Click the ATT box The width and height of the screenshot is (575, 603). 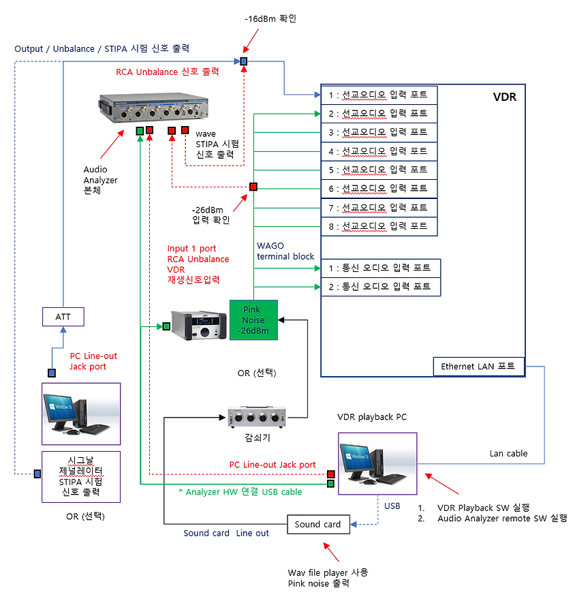(63, 315)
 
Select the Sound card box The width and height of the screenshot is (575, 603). (317, 524)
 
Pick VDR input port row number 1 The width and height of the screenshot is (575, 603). (379, 95)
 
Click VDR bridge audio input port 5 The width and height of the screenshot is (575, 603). (379, 170)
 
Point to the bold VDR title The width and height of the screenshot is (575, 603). (504, 97)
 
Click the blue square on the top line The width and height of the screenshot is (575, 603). (244, 62)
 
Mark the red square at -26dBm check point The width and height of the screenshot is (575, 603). (253, 187)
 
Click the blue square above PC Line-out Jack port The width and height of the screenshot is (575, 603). (52, 373)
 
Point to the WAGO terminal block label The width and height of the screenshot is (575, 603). (285, 251)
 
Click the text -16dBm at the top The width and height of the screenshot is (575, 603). (270, 18)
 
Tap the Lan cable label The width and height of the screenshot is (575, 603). (507, 453)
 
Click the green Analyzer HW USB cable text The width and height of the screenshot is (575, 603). (243, 491)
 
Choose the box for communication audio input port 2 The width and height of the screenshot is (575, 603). (380, 287)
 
